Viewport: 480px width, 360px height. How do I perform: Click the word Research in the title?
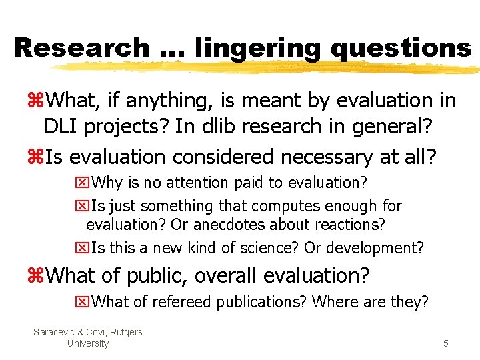coord(81,48)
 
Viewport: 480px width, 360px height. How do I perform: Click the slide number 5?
coord(445,344)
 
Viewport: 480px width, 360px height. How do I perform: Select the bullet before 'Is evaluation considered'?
coord(35,157)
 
